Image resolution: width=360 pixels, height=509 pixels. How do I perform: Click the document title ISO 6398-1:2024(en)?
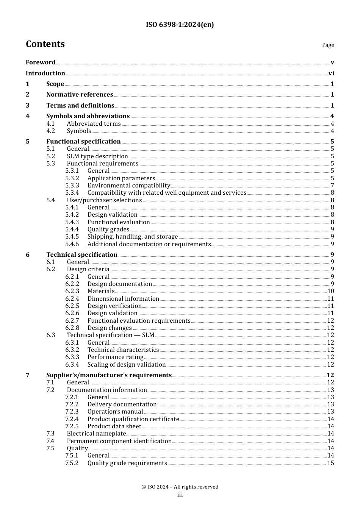coord(180,25)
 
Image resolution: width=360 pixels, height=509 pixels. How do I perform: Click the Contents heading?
coord(45,44)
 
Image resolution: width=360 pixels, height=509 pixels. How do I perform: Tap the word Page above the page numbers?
coord(328,45)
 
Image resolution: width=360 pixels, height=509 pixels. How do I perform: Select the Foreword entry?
coord(41,62)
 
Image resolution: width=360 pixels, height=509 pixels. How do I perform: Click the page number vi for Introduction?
coord(331,73)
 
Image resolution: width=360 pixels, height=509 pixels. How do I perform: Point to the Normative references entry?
coord(80,95)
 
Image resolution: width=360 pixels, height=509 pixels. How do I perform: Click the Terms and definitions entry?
coord(80,106)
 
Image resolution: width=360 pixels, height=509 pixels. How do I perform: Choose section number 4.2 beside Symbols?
coord(51,131)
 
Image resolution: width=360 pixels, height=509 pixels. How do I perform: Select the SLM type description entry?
coord(97,156)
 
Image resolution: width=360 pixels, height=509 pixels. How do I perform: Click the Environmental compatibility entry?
coord(128,186)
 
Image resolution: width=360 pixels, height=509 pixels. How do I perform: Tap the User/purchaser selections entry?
coord(104,200)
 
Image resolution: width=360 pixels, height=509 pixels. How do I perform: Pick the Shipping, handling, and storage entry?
coord(132,237)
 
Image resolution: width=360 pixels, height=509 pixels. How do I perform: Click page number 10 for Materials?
coord(330,291)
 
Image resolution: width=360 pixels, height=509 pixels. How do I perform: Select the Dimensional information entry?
coord(123,299)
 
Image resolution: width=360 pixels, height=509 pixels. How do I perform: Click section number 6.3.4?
coord(72,365)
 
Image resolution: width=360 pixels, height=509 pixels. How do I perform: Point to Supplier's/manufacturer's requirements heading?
coord(109,375)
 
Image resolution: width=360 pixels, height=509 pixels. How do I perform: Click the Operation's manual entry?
coord(115,412)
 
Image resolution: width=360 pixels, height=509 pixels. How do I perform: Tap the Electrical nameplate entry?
coord(96,434)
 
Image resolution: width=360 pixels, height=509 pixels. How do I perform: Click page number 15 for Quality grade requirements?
coord(330,463)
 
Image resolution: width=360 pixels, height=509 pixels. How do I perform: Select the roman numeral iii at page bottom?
coord(180,495)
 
